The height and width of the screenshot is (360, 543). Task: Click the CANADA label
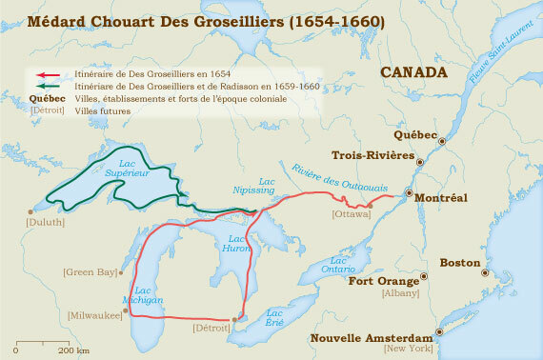413,72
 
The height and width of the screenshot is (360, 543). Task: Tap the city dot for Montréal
407,193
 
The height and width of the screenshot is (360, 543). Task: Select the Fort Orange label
383,281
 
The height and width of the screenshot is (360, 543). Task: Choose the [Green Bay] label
90,271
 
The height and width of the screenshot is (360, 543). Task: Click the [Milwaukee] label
92,314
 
